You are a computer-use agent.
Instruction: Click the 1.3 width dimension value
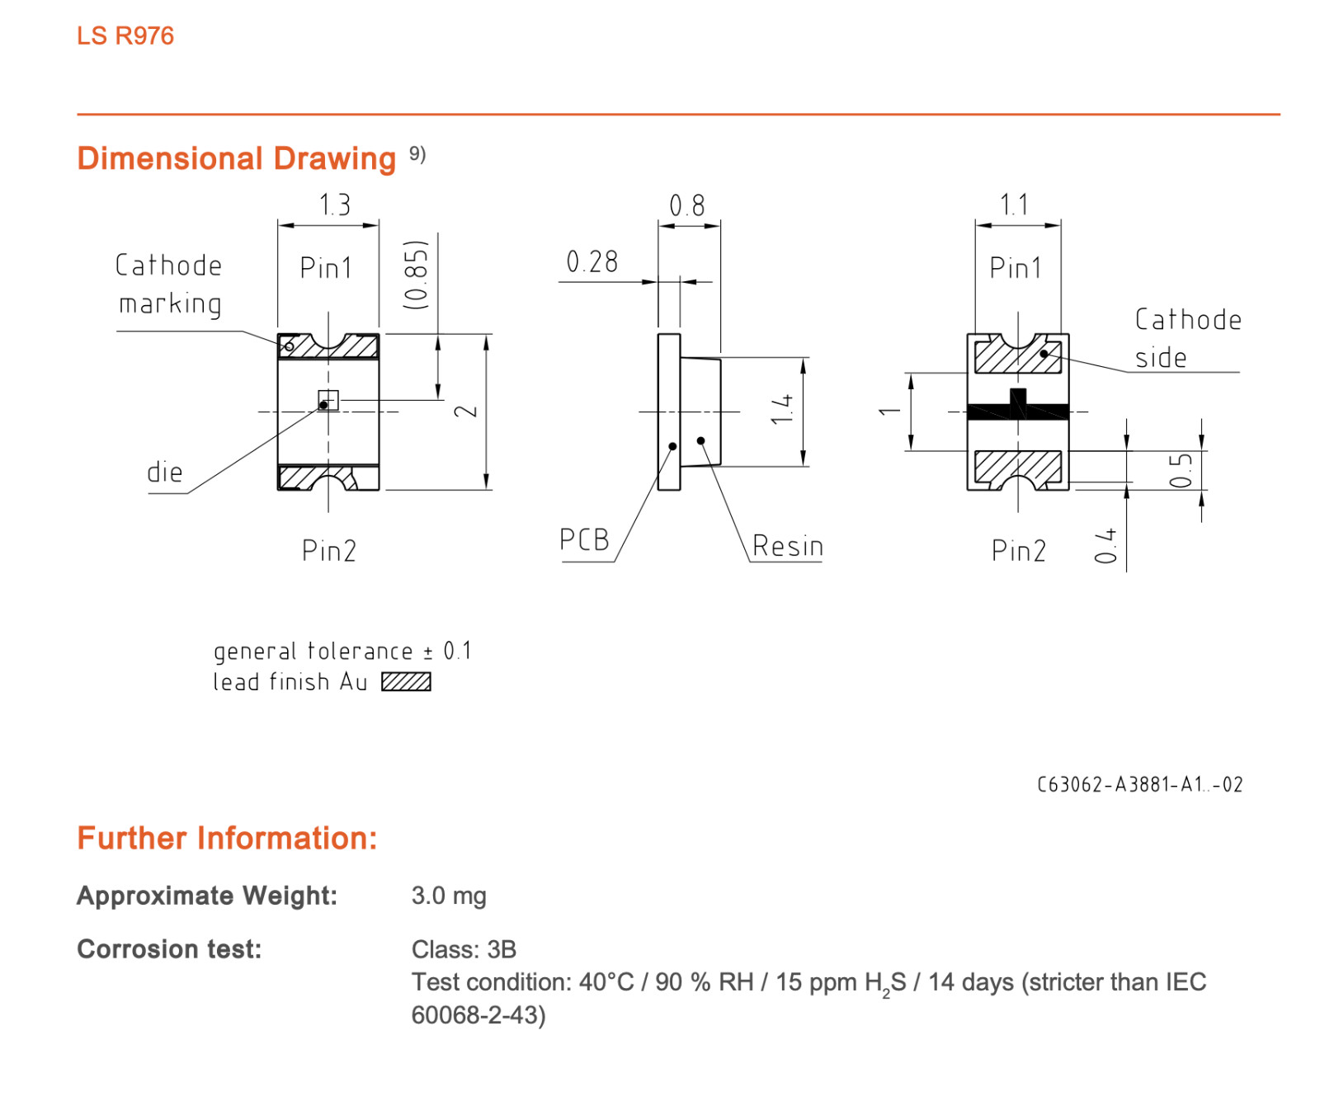(x=335, y=205)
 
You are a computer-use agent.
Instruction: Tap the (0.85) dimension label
(x=417, y=275)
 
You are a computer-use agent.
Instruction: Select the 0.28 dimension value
(x=592, y=262)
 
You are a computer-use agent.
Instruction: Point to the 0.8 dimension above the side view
(x=687, y=205)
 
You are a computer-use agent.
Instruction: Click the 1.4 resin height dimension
(x=782, y=409)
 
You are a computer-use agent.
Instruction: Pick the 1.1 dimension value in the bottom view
(x=1014, y=205)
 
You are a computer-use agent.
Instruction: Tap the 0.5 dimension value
(x=1181, y=470)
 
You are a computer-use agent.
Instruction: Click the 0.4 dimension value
(x=1105, y=546)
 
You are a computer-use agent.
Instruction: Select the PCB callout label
(x=584, y=539)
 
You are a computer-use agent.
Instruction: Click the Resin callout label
(x=788, y=546)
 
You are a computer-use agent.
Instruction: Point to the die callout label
(x=164, y=473)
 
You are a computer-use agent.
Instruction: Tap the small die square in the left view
(x=328, y=401)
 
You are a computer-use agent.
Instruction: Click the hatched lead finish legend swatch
(x=406, y=682)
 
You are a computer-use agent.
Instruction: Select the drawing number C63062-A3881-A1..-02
(x=1139, y=784)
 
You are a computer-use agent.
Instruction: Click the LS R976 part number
(x=125, y=36)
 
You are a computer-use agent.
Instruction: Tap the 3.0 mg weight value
(x=449, y=896)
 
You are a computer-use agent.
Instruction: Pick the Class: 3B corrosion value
(x=464, y=949)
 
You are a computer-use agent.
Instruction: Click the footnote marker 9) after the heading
(x=417, y=154)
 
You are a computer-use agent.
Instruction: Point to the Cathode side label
(x=1188, y=338)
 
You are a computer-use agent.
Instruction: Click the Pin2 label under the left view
(x=329, y=550)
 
